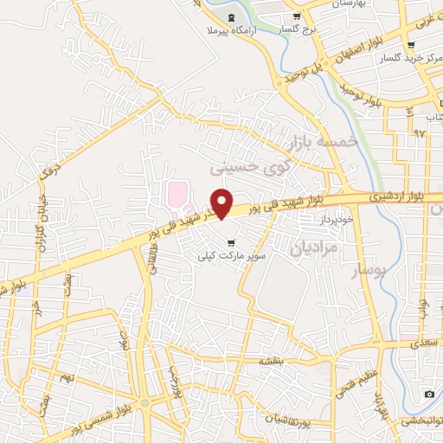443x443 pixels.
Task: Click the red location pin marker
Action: point(222,203)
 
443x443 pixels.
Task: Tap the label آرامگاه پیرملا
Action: point(232,31)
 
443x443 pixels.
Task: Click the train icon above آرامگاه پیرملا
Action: point(231,16)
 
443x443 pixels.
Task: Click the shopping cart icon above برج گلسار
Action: point(297,16)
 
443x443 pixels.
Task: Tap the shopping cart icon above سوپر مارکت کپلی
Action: point(229,241)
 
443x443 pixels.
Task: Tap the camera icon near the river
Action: point(430,395)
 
